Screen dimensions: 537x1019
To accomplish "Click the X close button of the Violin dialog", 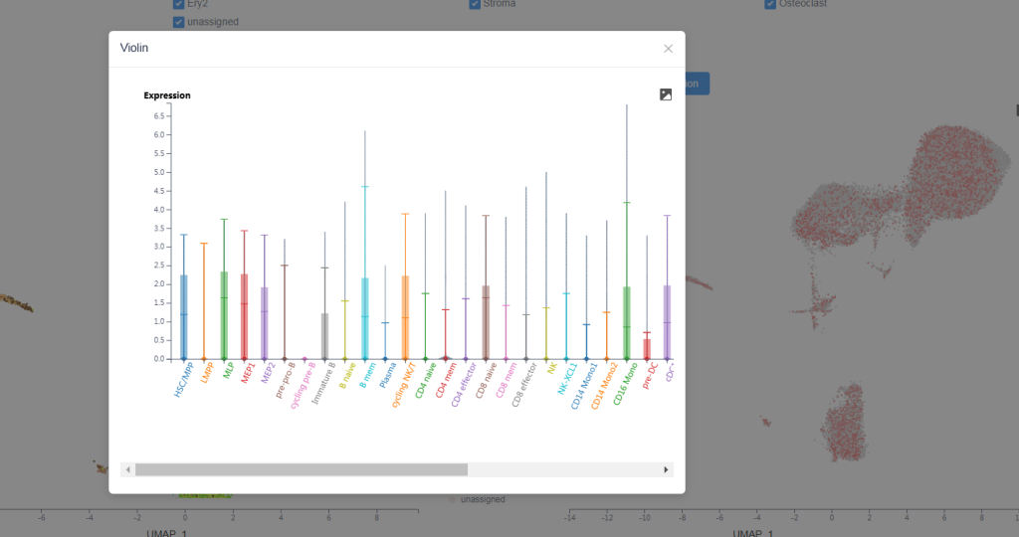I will (668, 49).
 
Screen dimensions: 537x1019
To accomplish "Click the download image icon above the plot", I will (666, 94).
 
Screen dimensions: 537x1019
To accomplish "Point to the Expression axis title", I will (167, 95).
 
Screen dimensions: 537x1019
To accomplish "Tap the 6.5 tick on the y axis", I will (158, 115).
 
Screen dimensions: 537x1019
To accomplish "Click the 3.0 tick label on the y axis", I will (158, 247).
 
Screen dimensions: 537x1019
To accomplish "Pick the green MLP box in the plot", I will (224, 314).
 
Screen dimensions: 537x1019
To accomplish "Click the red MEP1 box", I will (244, 315).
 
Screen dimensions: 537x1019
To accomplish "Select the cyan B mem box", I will (365, 318).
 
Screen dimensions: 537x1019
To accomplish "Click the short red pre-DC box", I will (647, 348).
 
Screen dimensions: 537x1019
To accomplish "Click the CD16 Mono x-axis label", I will (623, 383).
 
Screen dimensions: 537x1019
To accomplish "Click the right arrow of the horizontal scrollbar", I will (666, 469).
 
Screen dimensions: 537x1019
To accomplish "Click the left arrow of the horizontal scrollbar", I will (127, 469).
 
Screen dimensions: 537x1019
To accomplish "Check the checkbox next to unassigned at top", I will (178, 22).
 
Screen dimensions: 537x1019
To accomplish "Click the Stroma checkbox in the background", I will (475, 4).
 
